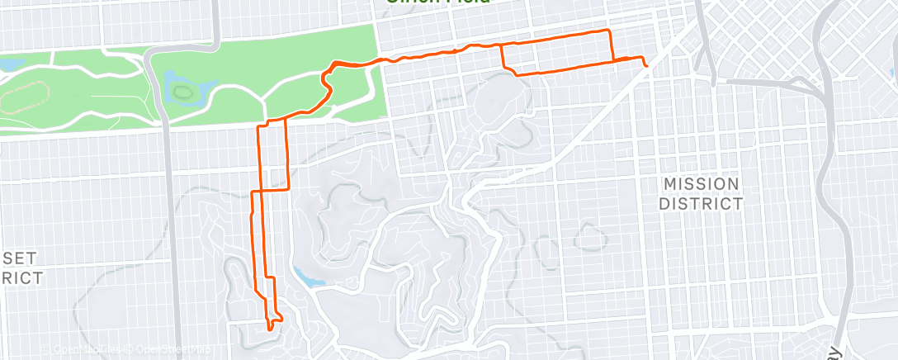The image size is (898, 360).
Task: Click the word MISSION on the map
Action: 701,183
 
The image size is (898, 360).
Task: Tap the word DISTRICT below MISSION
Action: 701,203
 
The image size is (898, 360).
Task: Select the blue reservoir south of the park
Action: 306,277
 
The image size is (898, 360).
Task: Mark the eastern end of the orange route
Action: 646,64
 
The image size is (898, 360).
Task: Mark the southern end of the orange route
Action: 271,329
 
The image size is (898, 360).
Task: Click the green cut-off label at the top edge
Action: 437,2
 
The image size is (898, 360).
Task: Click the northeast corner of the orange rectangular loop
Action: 610,31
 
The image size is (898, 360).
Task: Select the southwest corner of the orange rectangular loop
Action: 517,74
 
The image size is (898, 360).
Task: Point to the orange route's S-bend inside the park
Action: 328,83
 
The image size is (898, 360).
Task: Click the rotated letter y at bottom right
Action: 837,351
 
